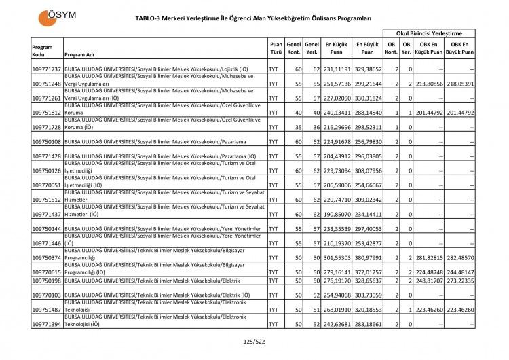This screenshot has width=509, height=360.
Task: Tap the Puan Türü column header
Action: click(275, 47)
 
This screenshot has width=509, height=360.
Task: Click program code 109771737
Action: click(47, 69)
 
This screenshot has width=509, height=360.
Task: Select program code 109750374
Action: click(47, 258)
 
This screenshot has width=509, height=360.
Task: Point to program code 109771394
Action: click(47, 325)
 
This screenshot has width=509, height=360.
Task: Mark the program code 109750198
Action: click(47, 280)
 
